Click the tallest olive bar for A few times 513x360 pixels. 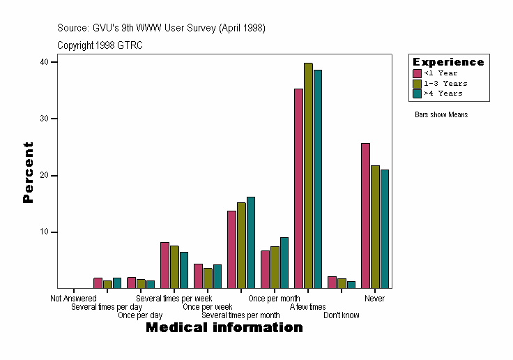coord(308,175)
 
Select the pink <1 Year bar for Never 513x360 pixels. coord(365,216)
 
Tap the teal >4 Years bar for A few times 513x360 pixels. coord(318,179)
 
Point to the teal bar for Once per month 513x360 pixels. coord(284,262)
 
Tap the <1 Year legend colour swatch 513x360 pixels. coord(418,73)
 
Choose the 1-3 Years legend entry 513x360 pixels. coord(441,83)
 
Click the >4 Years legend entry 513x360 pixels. coord(441,93)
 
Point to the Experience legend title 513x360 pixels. coord(448,62)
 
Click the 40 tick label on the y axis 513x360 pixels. coord(44,62)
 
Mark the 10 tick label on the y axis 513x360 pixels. coord(44,232)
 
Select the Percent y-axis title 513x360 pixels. coord(28,172)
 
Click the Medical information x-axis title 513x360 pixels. coord(224,328)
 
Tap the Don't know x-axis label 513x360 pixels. coord(342,315)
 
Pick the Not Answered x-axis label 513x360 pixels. coord(73,299)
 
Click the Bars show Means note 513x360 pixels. coord(441,114)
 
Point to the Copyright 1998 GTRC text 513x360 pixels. coord(100,45)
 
